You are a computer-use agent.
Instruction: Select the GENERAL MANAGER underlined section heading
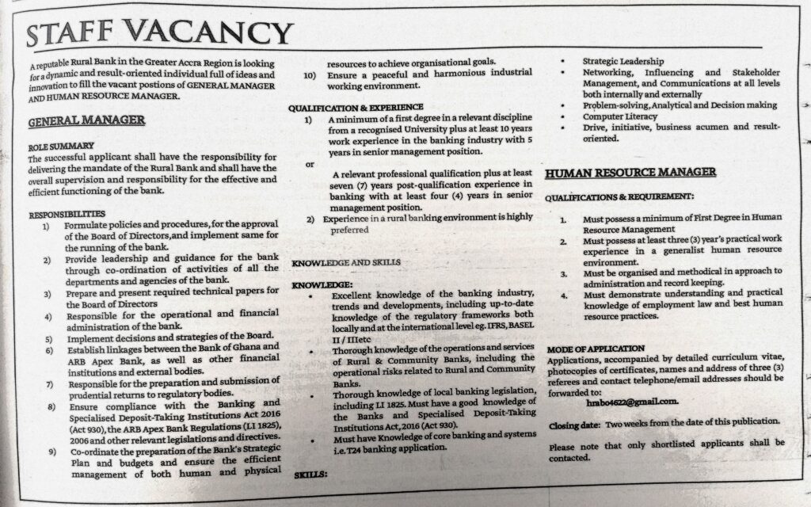pos(86,121)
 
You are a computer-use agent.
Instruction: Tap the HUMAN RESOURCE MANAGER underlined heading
pos(630,171)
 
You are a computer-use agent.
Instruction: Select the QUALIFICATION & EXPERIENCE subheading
pos(356,107)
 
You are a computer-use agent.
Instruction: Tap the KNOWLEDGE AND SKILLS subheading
pos(346,262)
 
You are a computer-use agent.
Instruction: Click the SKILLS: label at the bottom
pos(311,475)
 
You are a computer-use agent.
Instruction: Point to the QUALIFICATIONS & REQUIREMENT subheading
pos(619,195)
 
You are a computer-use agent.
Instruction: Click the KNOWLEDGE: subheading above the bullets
pos(321,284)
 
